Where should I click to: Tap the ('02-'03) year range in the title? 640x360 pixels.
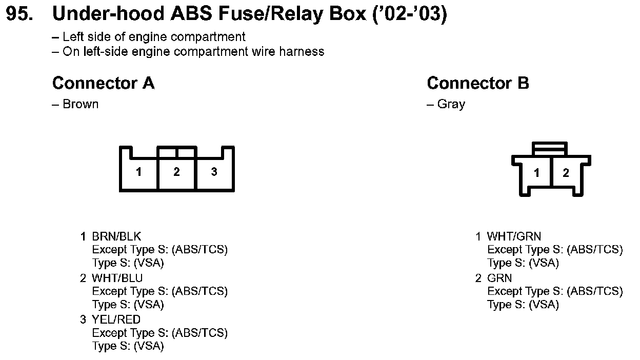point(410,14)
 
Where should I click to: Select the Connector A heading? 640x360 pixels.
point(103,83)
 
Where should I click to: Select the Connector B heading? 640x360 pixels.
point(477,83)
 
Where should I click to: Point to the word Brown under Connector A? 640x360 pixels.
point(80,104)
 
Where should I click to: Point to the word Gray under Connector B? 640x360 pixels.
point(451,104)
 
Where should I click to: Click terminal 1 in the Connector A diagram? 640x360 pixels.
point(138,172)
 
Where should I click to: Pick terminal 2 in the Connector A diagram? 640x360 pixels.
point(176,172)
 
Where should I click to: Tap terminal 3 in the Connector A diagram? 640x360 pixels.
point(214,172)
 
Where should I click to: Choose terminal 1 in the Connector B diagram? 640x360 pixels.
point(536,173)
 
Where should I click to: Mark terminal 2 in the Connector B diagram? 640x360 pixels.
point(566,173)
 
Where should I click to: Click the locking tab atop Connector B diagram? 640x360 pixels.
point(550,148)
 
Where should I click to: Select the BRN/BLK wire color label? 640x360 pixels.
point(116,236)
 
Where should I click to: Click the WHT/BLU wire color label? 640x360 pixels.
point(117,278)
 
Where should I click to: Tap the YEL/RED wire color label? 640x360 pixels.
point(116,319)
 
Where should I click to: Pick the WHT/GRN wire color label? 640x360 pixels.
point(514,236)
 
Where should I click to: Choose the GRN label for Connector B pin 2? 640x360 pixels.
point(499,278)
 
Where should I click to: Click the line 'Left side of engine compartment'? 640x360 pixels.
point(153,37)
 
